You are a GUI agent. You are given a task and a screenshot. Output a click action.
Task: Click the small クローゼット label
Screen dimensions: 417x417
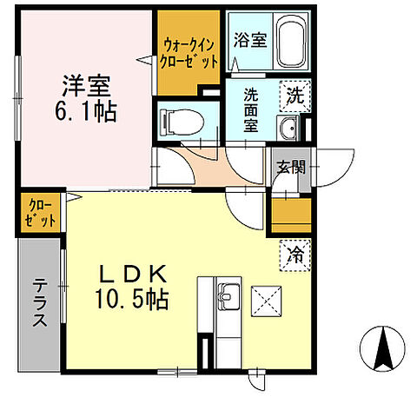click(40, 214)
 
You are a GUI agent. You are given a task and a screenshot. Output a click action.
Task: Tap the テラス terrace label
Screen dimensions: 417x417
click(41, 303)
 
